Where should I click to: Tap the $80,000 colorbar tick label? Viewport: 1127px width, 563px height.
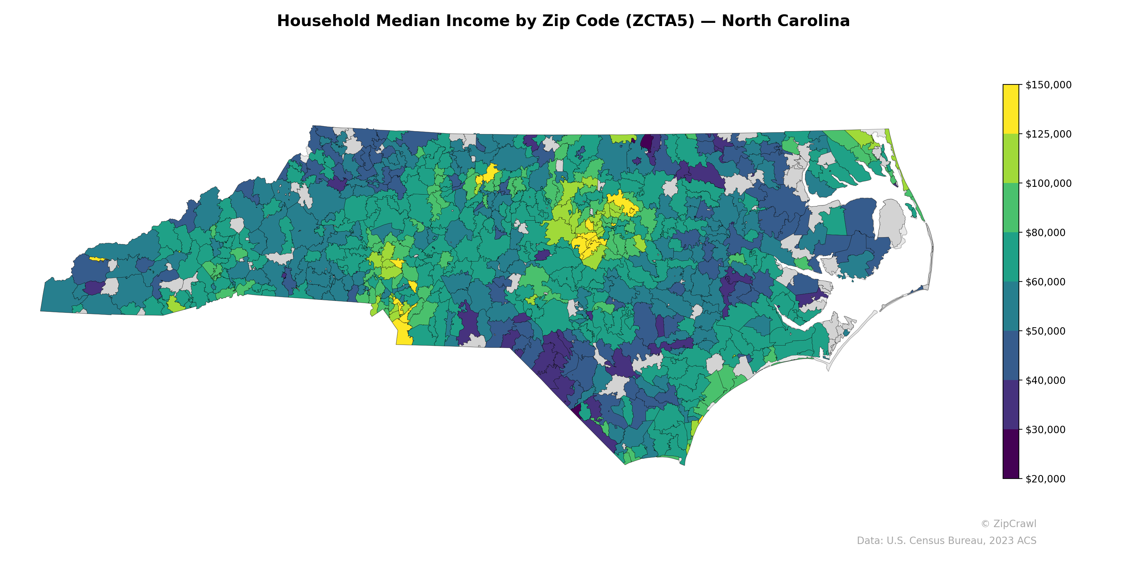click(1046, 233)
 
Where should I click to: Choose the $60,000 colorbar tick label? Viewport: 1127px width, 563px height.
click(1046, 282)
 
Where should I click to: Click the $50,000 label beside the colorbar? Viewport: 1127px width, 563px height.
click(1046, 331)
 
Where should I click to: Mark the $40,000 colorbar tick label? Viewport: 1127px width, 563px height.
click(1046, 380)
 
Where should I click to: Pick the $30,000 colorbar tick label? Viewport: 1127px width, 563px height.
click(1046, 430)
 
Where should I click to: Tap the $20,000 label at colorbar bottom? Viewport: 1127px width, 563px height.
click(1046, 479)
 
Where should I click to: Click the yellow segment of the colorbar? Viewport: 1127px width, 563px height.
click(1011, 109)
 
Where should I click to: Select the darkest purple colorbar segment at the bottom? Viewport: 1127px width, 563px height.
click(1011, 455)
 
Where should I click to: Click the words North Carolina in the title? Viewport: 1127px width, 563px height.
click(785, 21)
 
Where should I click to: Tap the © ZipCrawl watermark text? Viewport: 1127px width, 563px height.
click(1008, 524)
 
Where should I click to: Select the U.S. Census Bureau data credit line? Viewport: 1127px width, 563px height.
click(946, 541)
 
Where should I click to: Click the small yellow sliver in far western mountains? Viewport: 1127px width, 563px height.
click(97, 259)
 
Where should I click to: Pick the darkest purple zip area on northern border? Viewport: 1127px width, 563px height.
click(647, 142)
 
